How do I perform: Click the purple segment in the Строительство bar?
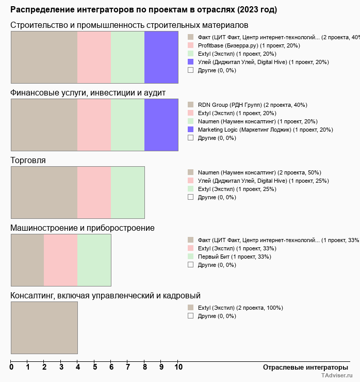click(x=161, y=57)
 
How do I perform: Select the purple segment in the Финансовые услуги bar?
click(x=161, y=124)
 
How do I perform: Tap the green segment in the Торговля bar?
click(x=128, y=193)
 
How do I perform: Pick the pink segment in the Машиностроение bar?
click(x=60, y=260)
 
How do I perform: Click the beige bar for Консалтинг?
click(x=44, y=328)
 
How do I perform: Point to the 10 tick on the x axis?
click(x=178, y=367)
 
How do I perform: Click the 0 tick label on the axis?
click(x=11, y=367)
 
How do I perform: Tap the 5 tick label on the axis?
click(x=95, y=367)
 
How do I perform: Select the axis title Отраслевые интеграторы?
click(x=302, y=367)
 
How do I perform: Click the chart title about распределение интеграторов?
click(x=143, y=9)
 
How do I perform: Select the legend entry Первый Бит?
click(x=234, y=257)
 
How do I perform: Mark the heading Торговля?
click(x=28, y=160)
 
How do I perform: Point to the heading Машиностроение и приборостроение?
click(x=83, y=228)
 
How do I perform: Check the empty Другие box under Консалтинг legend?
click(x=190, y=316)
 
